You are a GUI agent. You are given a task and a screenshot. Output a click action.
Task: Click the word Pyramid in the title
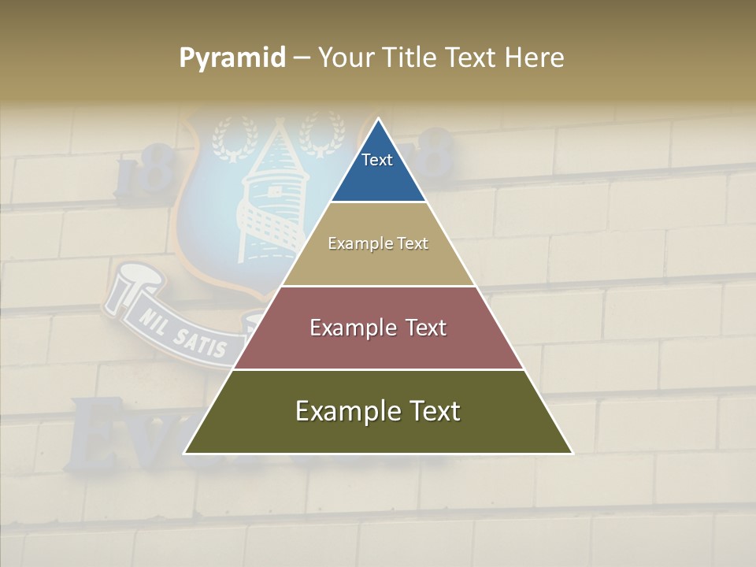[x=232, y=58]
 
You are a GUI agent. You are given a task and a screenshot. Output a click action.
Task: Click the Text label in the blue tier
[x=376, y=160]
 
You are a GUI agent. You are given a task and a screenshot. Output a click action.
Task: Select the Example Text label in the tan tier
[x=378, y=243]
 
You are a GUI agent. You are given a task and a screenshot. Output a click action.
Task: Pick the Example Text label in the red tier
[x=378, y=328]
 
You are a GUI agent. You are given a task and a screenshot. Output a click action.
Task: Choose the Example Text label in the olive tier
[x=378, y=411]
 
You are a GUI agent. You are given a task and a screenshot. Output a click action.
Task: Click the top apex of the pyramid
[x=378, y=119]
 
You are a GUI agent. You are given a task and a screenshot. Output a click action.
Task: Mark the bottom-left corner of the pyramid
[x=184, y=454]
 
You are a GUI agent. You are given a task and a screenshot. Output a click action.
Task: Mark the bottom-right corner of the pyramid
[x=573, y=454]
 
